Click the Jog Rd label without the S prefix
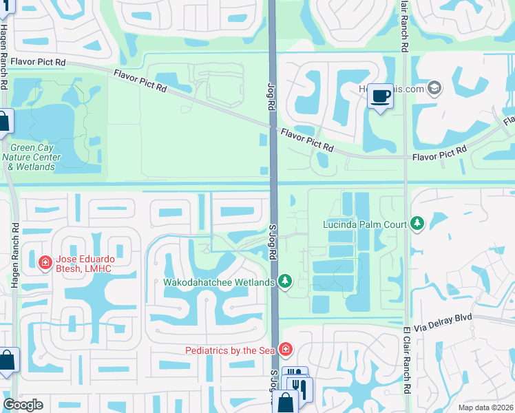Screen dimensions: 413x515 271,97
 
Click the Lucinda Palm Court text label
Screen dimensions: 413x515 366,224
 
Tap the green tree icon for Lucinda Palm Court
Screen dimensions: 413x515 417,224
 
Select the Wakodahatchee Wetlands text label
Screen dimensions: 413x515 219,282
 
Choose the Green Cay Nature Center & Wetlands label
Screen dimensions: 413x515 32,157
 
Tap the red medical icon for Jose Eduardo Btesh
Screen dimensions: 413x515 45,262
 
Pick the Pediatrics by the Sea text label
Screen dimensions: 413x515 231,350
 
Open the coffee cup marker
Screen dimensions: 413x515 379,96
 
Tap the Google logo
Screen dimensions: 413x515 23,405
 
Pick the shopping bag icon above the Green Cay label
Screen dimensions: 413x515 3,123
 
